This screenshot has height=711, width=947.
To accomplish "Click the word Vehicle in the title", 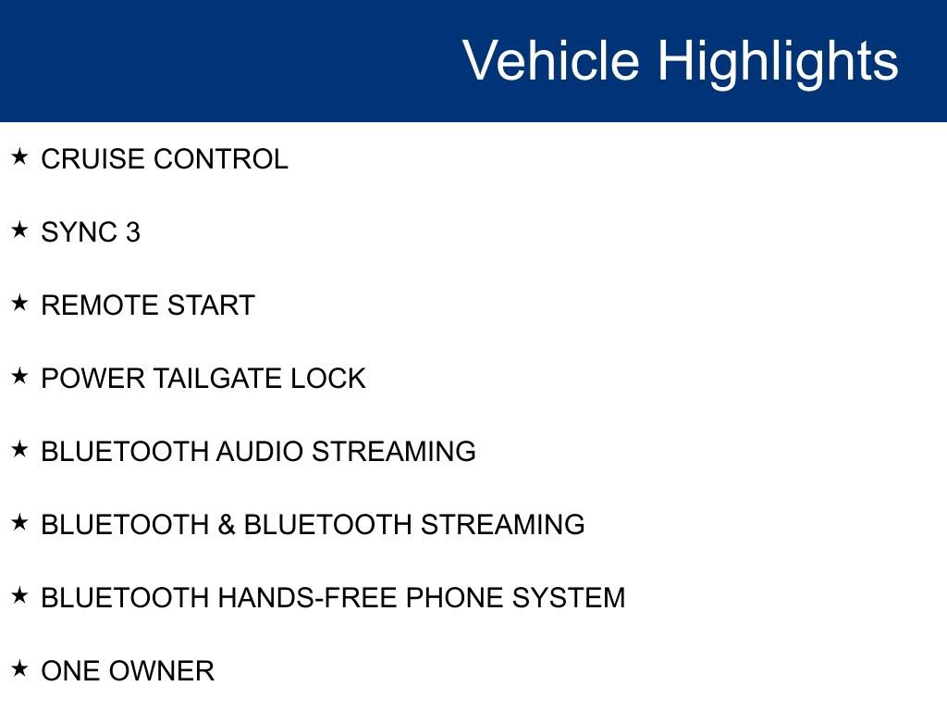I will click(x=550, y=61).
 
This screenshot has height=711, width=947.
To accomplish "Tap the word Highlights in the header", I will click(x=778, y=61).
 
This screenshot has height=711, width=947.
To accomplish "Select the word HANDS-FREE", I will click(x=307, y=598).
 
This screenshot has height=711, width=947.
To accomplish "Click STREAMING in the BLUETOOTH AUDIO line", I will click(x=394, y=452).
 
